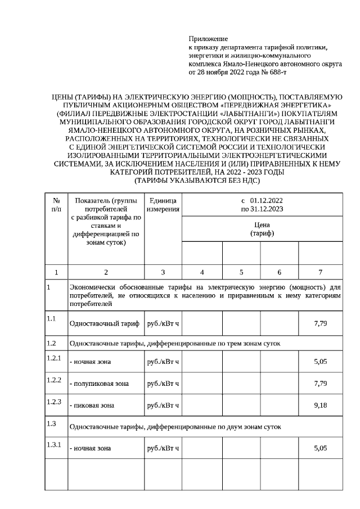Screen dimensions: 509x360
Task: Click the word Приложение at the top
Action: point(208,39)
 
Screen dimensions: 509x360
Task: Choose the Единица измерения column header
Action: point(163,205)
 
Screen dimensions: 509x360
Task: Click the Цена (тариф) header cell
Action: point(262,229)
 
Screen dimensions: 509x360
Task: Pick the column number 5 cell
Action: point(241,272)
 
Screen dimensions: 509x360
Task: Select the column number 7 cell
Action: point(320,272)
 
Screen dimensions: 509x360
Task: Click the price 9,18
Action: point(320,404)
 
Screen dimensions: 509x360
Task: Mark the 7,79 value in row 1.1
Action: point(320,324)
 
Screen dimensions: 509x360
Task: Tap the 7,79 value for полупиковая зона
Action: point(320,384)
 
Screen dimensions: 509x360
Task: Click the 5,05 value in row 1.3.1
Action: point(320,448)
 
